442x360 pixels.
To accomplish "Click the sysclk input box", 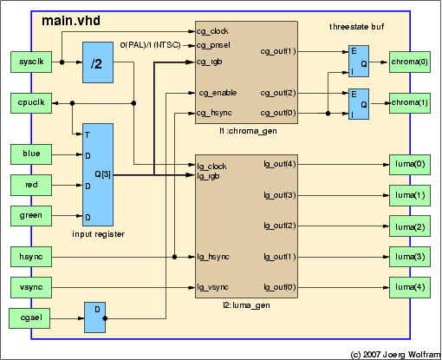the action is click(31, 62).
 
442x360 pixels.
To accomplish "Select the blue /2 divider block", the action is click(98, 62).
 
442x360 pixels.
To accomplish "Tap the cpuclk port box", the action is click(31, 103).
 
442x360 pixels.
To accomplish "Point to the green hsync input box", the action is click(31, 257).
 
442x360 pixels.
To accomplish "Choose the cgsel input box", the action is click(29, 318).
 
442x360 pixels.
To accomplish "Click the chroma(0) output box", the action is click(410, 62).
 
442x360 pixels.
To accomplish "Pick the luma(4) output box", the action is click(410, 287).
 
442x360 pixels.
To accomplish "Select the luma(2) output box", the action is click(410, 226).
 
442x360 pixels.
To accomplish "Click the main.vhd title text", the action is click(71, 21).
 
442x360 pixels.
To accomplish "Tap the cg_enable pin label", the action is click(218, 93).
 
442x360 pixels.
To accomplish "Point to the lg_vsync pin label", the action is click(213, 287).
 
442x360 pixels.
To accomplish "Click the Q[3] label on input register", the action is click(102, 174).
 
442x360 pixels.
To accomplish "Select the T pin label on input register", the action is click(88, 134).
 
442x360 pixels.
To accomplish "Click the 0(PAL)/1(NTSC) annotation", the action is click(150, 45).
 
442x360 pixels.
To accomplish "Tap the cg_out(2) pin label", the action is click(278, 93).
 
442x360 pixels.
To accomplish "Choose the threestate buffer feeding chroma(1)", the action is click(359, 104).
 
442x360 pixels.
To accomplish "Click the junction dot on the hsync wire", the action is click(174, 257).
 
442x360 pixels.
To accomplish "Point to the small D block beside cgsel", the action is click(94, 317).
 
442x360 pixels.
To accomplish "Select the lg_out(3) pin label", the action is click(280, 195).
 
